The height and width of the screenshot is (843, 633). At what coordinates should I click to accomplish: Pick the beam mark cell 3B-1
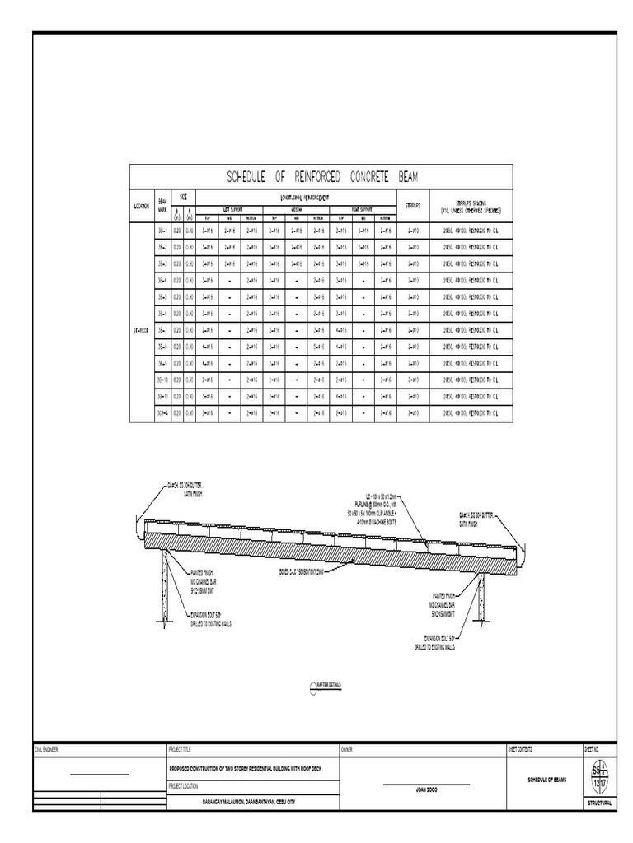162,231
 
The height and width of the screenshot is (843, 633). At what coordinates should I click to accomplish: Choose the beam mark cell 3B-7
162,330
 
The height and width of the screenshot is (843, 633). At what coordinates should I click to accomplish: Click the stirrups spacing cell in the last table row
471,412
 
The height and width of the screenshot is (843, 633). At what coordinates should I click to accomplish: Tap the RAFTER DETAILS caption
329,685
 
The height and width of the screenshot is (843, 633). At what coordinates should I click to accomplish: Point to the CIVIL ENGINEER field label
46,750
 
